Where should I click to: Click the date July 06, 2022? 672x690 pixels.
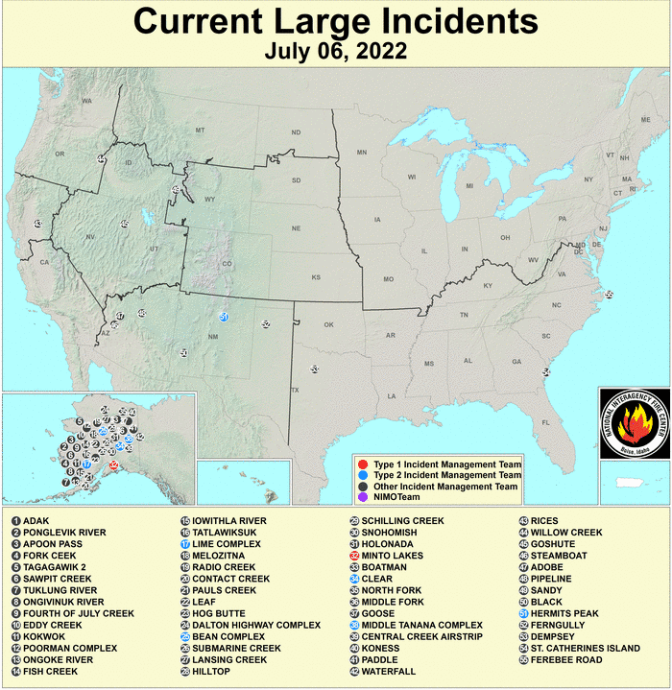336,50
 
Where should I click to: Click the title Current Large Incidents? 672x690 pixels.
336,20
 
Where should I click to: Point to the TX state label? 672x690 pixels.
295,390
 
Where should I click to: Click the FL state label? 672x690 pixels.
546,421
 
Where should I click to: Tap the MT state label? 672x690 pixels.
200,130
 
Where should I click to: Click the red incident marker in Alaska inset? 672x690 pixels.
114,466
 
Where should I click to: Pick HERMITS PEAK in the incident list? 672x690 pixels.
565,613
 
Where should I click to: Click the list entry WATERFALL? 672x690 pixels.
389,671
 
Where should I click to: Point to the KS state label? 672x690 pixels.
315,277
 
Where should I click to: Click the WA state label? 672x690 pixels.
86,101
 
